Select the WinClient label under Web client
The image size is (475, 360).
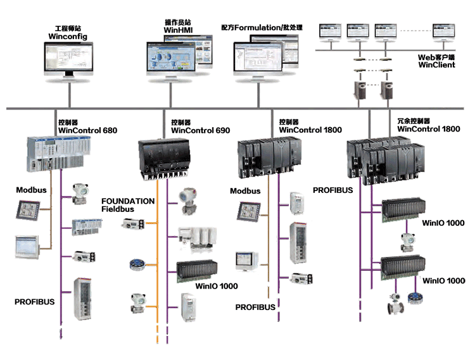[436, 65]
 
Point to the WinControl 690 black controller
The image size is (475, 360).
[167, 154]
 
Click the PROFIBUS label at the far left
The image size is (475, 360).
[35, 302]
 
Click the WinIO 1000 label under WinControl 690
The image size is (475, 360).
[217, 286]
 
